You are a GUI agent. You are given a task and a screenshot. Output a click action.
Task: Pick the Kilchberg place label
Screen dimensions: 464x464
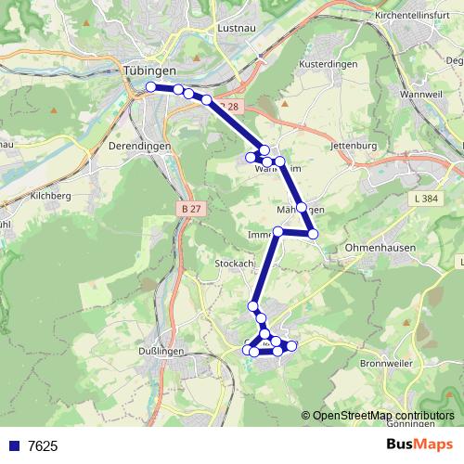coord(50,197)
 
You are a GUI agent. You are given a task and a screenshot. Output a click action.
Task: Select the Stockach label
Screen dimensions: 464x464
coord(234,264)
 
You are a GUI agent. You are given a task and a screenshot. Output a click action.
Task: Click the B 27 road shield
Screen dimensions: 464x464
coord(191,209)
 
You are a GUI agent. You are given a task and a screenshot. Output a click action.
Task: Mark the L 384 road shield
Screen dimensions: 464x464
coord(426,199)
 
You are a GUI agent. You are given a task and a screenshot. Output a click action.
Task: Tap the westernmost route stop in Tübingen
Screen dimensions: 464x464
coord(151,87)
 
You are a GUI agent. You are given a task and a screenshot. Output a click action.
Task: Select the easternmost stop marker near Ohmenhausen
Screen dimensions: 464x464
coord(314,234)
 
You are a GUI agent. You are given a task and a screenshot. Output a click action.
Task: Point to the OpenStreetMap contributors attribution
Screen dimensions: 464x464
coord(380,415)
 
